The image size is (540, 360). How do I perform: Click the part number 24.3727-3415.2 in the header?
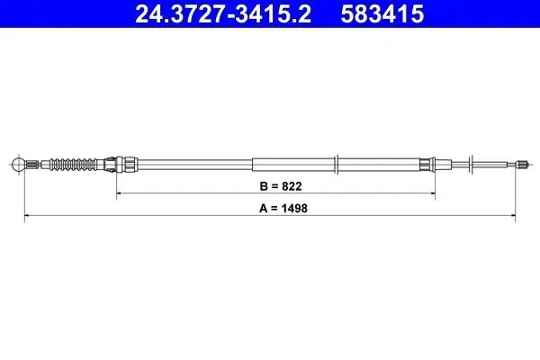click(223, 13)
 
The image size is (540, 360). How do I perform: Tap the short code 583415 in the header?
click(382, 13)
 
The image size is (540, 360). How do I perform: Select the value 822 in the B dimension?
click(292, 186)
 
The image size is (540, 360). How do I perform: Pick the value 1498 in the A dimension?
click(294, 209)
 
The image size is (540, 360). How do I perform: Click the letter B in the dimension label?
click(264, 186)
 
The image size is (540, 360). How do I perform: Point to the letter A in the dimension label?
click(264, 209)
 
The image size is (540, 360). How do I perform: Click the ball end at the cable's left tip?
click(18, 165)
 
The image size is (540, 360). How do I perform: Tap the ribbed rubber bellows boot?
click(74, 165)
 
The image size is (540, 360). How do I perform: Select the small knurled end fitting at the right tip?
click(522, 165)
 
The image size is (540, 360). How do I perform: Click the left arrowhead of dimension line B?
click(119, 193)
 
